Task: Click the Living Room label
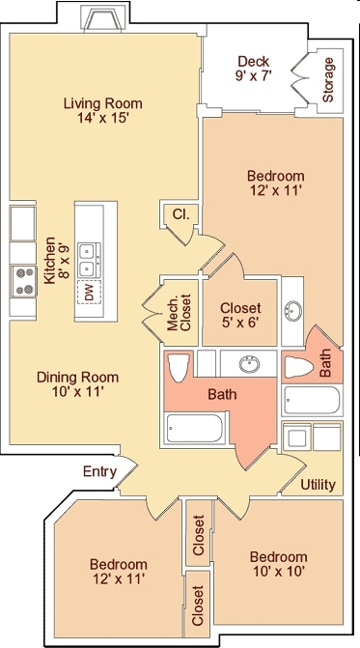click(103, 110)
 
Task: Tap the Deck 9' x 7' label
click(253, 69)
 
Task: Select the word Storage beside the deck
click(328, 80)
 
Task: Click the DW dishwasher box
click(89, 293)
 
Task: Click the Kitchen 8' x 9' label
click(56, 261)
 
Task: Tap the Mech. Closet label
click(180, 313)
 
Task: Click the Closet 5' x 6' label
click(240, 315)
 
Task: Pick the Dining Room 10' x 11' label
click(77, 384)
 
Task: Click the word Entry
click(99, 472)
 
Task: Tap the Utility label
click(318, 484)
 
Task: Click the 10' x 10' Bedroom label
click(278, 564)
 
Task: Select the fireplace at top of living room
click(102, 20)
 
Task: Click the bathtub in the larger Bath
click(195, 428)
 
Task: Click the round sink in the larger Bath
click(250, 364)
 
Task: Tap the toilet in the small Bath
click(299, 367)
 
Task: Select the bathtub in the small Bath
click(312, 400)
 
